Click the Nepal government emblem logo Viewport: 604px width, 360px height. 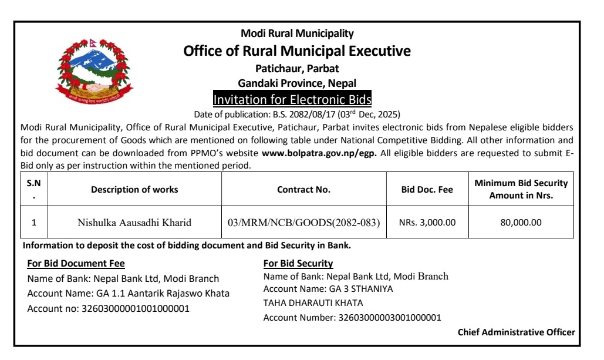tap(95, 72)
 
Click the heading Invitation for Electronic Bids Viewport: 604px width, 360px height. tap(292, 98)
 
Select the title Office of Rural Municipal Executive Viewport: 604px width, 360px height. tap(297, 51)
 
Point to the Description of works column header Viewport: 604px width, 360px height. tap(134, 190)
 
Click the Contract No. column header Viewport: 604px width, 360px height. tap(303, 190)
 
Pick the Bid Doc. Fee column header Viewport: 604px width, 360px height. tap(427, 190)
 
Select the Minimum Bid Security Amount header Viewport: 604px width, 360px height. tap(521, 190)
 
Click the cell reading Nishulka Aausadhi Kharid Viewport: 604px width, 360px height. tap(134, 223)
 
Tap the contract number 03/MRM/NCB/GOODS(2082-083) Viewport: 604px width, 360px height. tap(303, 223)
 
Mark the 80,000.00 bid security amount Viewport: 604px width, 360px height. tap(521, 223)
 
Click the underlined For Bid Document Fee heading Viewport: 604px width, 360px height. tap(76, 264)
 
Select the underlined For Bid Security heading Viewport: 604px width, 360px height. tap(298, 264)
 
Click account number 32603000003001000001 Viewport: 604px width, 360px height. tap(390, 318)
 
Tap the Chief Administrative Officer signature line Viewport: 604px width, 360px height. tap(517, 332)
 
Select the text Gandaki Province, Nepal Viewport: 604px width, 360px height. tap(297, 83)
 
